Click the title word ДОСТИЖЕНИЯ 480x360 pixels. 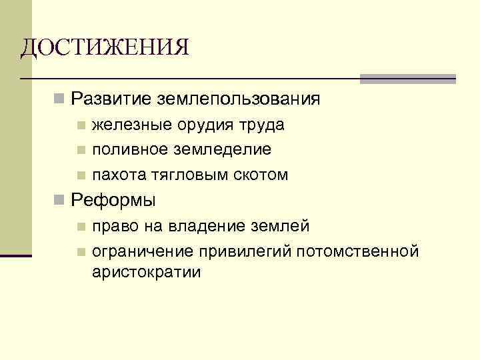(105, 48)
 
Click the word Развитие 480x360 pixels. (111, 99)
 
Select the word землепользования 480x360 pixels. (239, 99)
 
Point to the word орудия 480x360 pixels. (199, 125)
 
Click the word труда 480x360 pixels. (262, 125)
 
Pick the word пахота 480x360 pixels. (115, 175)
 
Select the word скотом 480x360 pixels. (261, 175)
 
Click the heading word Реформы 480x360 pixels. (113, 200)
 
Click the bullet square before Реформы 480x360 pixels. (59, 200)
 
